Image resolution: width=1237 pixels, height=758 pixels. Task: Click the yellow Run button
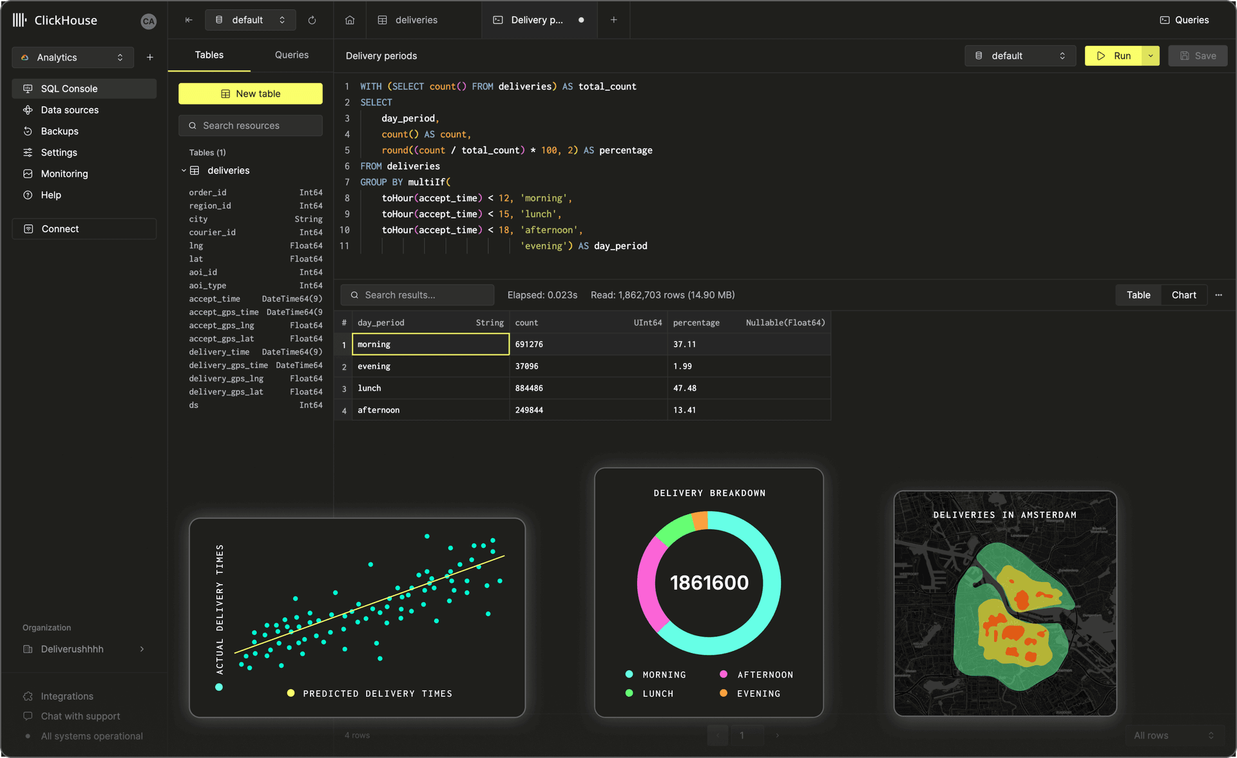pyautogui.click(x=1114, y=56)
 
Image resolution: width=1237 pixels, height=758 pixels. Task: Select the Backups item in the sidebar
pyautogui.click(x=59, y=131)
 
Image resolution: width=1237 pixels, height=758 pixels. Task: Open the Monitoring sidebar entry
pyautogui.click(x=64, y=173)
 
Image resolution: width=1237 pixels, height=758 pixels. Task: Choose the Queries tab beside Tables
pyautogui.click(x=291, y=55)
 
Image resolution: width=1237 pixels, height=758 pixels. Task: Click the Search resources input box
pyautogui.click(x=251, y=126)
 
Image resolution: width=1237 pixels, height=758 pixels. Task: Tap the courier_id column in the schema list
pyautogui.click(x=212, y=232)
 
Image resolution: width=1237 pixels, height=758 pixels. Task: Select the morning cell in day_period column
pyautogui.click(x=430, y=344)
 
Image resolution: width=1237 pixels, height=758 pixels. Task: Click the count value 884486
pyautogui.click(x=529, y=388)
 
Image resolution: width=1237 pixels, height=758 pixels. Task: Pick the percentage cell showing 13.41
pyautogui.click(x=684, y=410)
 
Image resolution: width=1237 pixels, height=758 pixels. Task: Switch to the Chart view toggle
pyautogui.click(x=1184, y=295)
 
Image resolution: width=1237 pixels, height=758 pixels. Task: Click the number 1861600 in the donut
pyautogui.click(x=709, y=583)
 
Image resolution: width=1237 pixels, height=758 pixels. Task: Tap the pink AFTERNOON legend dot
pyautogui.click(x=724, y=674)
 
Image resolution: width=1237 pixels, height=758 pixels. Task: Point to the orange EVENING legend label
pyautogui.click(x=758, y=694)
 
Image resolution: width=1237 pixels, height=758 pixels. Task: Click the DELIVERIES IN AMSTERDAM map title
pyautogui.click(x=1004, y=515)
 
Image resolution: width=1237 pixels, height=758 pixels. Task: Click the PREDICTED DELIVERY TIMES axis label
pyautogui.click(x=378, y=694)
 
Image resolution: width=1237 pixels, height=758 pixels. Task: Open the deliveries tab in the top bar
pyautogui.click(x=416, y=20)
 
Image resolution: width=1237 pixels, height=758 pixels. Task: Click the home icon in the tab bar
pyautogui.click(x=350, y=20)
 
